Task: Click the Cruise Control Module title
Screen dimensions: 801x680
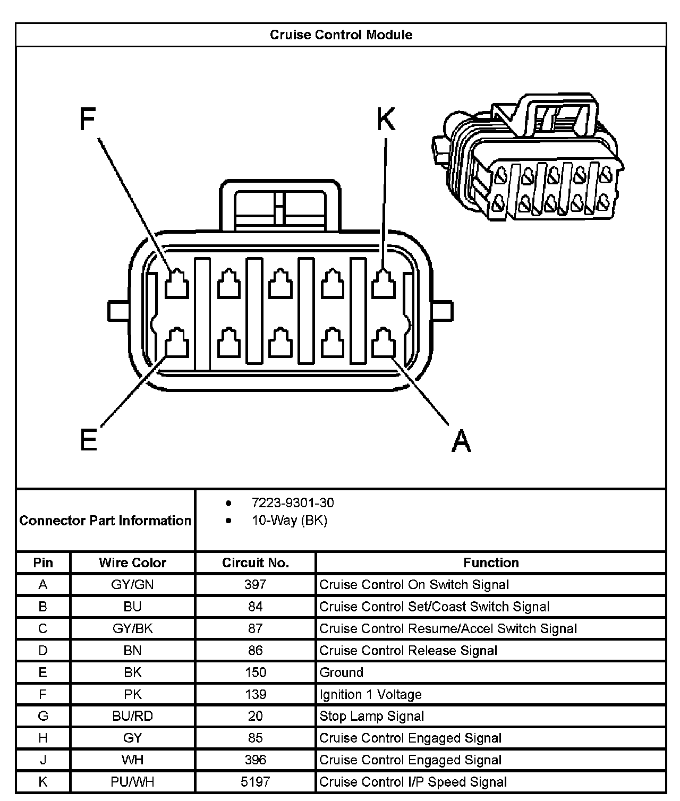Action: (341, 35)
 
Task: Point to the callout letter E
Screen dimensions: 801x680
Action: (89, 440)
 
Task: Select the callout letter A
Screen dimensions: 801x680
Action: (461, 441)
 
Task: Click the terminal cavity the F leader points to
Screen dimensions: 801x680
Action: (176, 284)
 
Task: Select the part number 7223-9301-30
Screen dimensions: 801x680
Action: (293, 502)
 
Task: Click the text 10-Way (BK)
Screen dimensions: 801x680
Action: (290, 520)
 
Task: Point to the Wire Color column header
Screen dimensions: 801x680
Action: (132, 563)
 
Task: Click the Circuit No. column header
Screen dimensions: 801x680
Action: (255, 563)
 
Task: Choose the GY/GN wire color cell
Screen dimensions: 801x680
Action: (132, 585)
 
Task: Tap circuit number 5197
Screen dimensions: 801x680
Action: (255, 782)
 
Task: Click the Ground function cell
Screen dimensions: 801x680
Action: (342, 672)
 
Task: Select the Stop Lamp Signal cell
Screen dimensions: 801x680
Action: (372, 716)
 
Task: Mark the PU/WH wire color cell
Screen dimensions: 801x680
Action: (132, 782)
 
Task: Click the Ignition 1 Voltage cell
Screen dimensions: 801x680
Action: (370, 694)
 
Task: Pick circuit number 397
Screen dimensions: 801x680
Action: (255, 585)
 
